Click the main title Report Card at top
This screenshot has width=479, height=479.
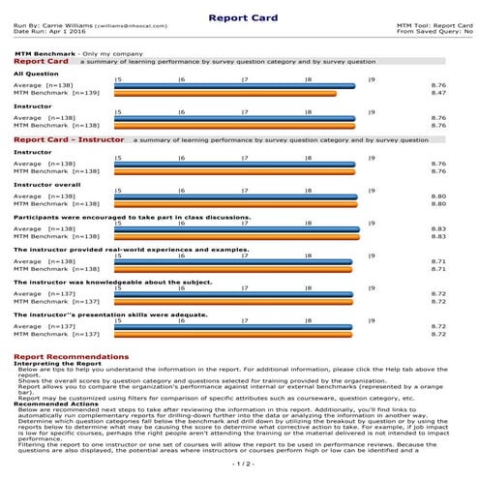pos(239,16)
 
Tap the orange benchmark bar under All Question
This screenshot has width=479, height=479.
pos(225,94)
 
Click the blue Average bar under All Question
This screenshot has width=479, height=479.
pos(234,86)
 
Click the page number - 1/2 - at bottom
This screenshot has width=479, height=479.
pos(239,464)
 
